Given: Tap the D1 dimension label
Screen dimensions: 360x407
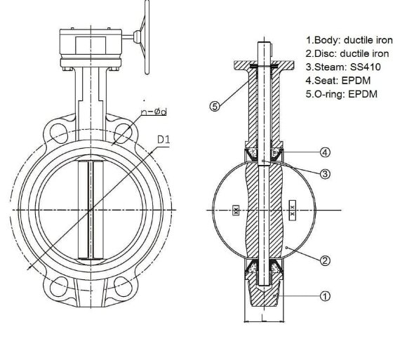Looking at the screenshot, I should [x=164, y=139].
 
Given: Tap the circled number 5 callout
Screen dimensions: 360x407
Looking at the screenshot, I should [x=216, y=107].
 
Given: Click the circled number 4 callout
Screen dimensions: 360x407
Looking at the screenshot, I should [x=326, y=152].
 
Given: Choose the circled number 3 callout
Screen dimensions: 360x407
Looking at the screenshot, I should [x=326, y=173].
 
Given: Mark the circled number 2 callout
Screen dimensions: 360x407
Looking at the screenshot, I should [x=325, y=260].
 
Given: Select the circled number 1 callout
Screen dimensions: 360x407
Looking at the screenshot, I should [x=325, y=296].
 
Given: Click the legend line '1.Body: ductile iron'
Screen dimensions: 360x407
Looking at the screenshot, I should [x=349, y=41].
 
